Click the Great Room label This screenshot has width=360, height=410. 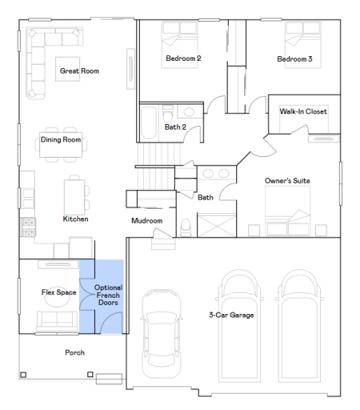pyautogui.click(x=79, y=71)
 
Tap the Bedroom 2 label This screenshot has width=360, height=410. pyautogui.click(x=183, y=58)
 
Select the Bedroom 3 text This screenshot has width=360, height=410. pyautogui.click(x=294, y=58)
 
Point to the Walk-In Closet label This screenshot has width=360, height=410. pyautogui.click(x=303, y=111)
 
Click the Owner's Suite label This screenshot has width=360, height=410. pyautogui.click(x=287, y=181)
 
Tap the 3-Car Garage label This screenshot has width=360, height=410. pyautogui.click(x=231, y=315)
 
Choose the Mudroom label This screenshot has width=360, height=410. pyautogui.click(x=147, y=221)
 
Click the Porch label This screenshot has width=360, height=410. pyautogui.click(x=74, y=352)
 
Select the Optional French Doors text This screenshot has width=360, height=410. pyautogui.click(x=108, y=295)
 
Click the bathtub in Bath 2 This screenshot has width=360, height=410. pyautogui.click(x=148, y=123)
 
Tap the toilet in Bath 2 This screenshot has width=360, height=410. pyautogui.click(x=168, y=113)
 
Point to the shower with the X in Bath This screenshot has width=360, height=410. pyautogui.click(x=217, y=225)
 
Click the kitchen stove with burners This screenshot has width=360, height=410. pyautogui.click(x=29, y=227)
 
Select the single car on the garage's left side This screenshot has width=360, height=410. pyautogui.click(x=162, y=333)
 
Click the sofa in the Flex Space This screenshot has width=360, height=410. pyautogui.click(x=57, y=321)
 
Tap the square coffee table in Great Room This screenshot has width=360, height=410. pyautogui.click(x=68, y=69)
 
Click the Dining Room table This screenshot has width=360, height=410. pyautogui.click(x=61, y=145)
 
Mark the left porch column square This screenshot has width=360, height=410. pyautogui.click(x=23, y=375)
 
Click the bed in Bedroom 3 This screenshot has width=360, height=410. pyautogui.click(x=303, y=45)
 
